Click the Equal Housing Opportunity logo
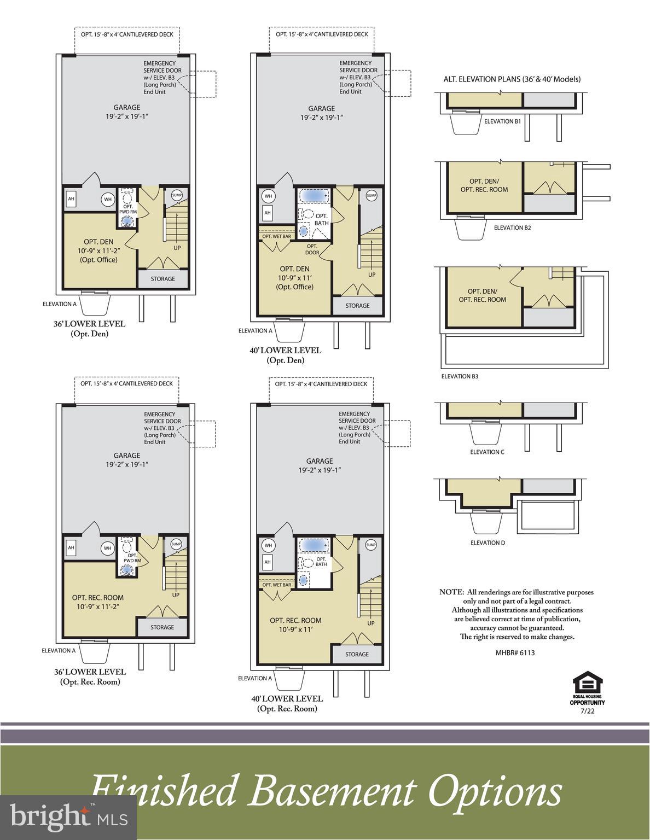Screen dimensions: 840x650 [587, 687]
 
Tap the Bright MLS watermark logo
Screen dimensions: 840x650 [68, 818]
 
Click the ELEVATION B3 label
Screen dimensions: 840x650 [460, 376]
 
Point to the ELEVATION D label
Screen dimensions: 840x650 [487, 542]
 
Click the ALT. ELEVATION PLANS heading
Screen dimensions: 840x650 [512, 79]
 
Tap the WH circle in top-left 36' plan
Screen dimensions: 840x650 [108, 200]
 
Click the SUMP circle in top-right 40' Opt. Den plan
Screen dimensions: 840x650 [372, 196]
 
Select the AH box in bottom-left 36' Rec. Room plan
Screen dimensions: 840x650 [71, 548]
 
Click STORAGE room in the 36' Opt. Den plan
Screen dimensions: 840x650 [162, 279]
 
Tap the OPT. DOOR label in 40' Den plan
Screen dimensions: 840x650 [312, 249]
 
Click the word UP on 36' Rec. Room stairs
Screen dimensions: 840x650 [176, 595]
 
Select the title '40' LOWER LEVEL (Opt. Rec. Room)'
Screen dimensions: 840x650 [287, 703]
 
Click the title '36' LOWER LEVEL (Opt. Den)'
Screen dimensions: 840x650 [89, 328]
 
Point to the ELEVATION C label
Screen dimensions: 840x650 [487, 452]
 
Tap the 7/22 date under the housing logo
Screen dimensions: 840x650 [587, 711]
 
